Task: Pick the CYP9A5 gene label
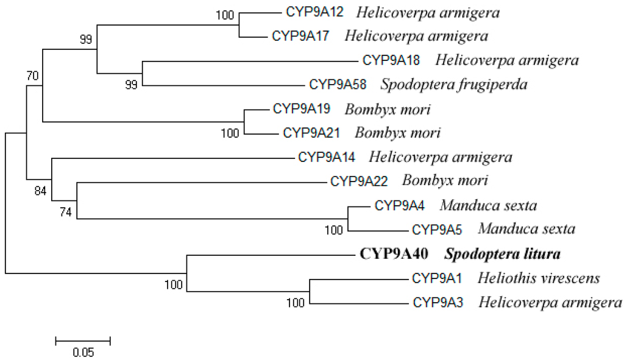pyautogui.click(x=441, y=230)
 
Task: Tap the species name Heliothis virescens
pyautogui.click(x=539, y=278)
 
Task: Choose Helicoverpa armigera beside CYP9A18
pyautogui.click(x=507, y=60)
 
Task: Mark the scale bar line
pyautogui.click(x=83, y=340)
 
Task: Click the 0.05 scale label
pyautogui.click(x=83, y=352)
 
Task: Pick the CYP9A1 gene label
pyautogui.click(x=437, y=278)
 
